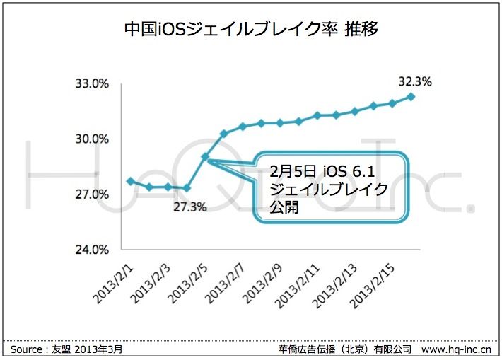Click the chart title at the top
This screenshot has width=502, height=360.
point(252,29)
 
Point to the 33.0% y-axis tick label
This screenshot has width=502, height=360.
point(92,83)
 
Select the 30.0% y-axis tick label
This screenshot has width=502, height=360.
point(92,139)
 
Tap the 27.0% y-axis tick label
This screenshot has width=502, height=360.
point(92,194)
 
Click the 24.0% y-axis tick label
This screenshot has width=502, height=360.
point(92,250)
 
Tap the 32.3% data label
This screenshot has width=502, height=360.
point(415,81)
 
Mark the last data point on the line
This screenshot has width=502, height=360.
point(411,97)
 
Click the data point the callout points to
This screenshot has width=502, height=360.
point(205,156)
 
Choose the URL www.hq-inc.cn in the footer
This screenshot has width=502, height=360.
point(457,349)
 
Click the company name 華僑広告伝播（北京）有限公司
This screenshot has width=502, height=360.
point(346,349)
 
